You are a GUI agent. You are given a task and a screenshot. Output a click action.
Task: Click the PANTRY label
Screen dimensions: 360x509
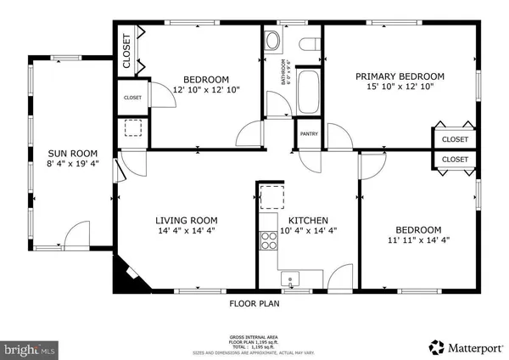click(307, 133)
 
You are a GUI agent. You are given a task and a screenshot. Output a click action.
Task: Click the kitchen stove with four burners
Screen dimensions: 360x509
click(269, 239)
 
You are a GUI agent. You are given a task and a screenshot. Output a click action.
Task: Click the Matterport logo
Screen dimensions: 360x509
click(465, 346)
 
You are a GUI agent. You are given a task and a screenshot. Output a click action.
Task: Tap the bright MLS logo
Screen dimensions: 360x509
click(29, 347)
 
